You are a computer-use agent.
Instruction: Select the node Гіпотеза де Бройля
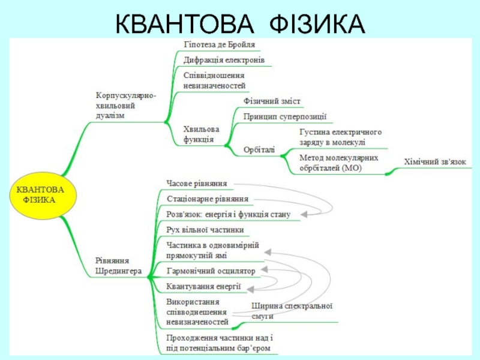coord(219,45)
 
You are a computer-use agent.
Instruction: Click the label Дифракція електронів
coord(224,61)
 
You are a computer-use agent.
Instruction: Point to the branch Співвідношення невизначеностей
coord(214,81)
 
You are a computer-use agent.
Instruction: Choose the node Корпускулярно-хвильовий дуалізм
coord(127,106)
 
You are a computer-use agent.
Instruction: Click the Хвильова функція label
coord(201,134)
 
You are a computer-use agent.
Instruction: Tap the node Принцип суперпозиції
coord(285,116)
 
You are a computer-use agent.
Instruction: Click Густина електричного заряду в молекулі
coord(340,137)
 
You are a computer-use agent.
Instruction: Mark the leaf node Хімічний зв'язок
coord(434,162)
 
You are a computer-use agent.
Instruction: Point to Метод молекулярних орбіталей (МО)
coord(339,163)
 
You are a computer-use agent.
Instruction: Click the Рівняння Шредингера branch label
coord(118,266)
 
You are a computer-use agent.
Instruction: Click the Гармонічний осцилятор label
coord(211,271)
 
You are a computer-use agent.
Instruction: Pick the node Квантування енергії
coord(203,287)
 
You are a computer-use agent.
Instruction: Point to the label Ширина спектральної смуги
coord(292,311)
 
